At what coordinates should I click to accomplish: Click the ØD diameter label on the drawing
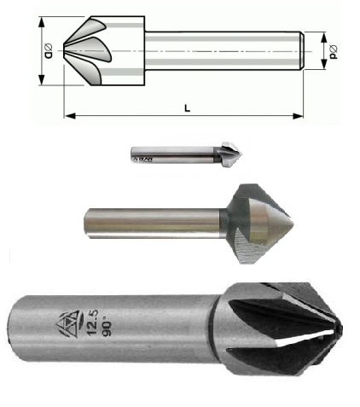tap(49, 50)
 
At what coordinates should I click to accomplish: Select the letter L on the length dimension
tap(186, 106)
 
